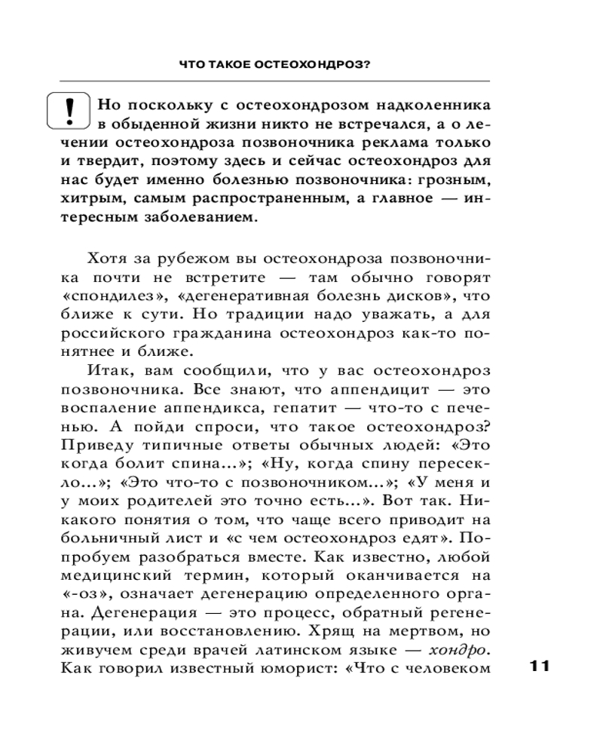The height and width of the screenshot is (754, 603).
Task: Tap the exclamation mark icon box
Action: point(69,110)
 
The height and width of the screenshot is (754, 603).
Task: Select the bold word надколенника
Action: point(422,104)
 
